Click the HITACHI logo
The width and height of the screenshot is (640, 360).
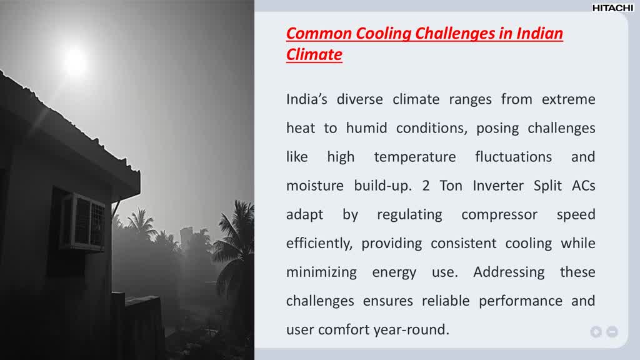[x=612, y=7]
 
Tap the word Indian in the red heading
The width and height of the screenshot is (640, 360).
[x=540, y=33]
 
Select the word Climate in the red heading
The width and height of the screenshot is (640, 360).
[x=314, y=54]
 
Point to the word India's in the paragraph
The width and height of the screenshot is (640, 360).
[x=307, y=99]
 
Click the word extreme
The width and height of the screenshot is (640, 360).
[x=568, y=99]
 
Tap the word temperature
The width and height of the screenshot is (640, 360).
[x=414, y=157]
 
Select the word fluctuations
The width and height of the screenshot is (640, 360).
[x=513, y=157]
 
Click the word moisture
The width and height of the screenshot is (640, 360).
[x=315, y=186]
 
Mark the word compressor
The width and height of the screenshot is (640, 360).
[x=499, y=214]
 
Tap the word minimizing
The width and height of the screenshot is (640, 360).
[x=321, y=272]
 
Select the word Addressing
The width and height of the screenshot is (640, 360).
[x=509, y=272]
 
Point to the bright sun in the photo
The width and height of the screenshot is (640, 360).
[x=74, y=60]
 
